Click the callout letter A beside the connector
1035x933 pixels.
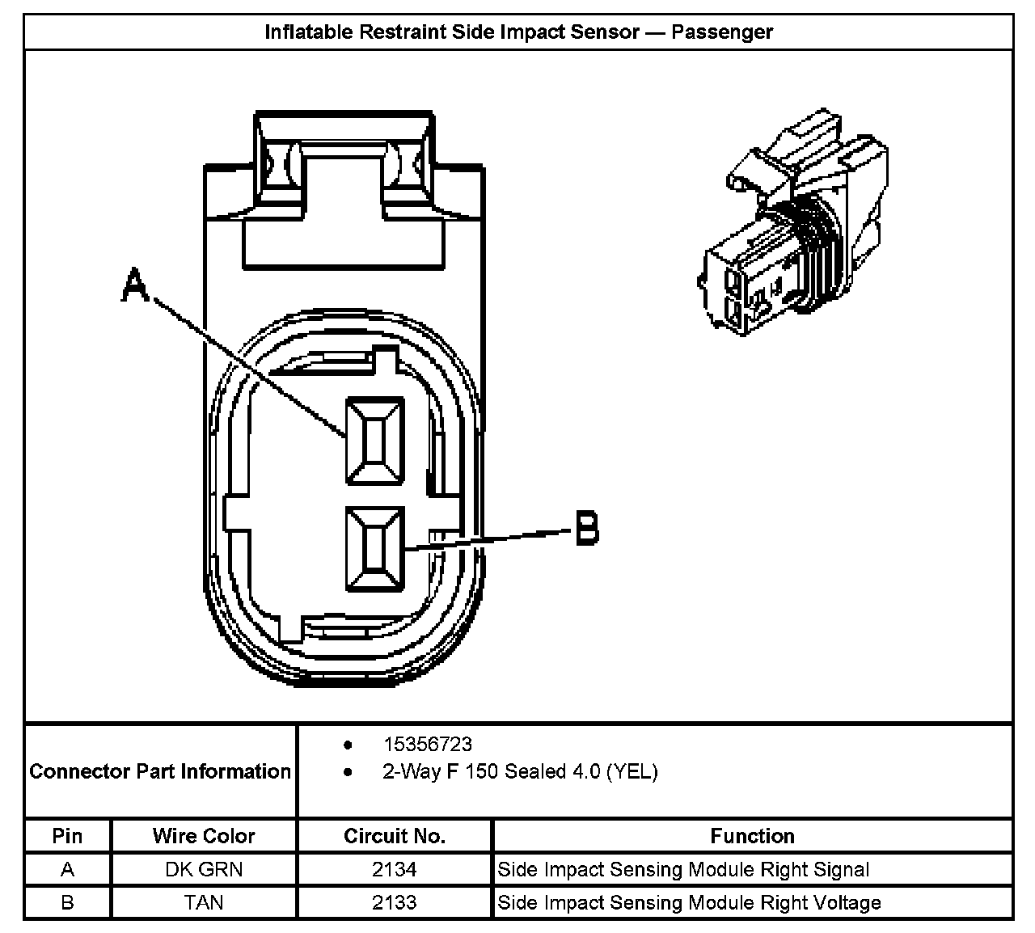(135, 286)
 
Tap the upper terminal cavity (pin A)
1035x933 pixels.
(374, 441)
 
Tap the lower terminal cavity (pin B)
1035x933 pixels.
(374, 549)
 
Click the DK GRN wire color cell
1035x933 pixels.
(204, 870)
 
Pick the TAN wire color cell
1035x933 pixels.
(204, 902)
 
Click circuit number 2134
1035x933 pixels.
(395, 870)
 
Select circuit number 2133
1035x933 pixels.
(395, 902)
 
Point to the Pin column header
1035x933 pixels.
(67, 836)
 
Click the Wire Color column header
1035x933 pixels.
(204, 836)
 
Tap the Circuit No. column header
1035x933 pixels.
(395, 836)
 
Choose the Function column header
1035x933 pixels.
(752, 836)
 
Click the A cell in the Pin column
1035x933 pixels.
(67, 870)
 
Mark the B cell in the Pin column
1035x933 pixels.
(67, 902)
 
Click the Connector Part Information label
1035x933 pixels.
(160, 771)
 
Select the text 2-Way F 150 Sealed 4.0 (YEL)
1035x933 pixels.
(520, 772)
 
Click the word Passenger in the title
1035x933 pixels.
(722, 32)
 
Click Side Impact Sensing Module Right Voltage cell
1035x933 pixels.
(689, 902)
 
